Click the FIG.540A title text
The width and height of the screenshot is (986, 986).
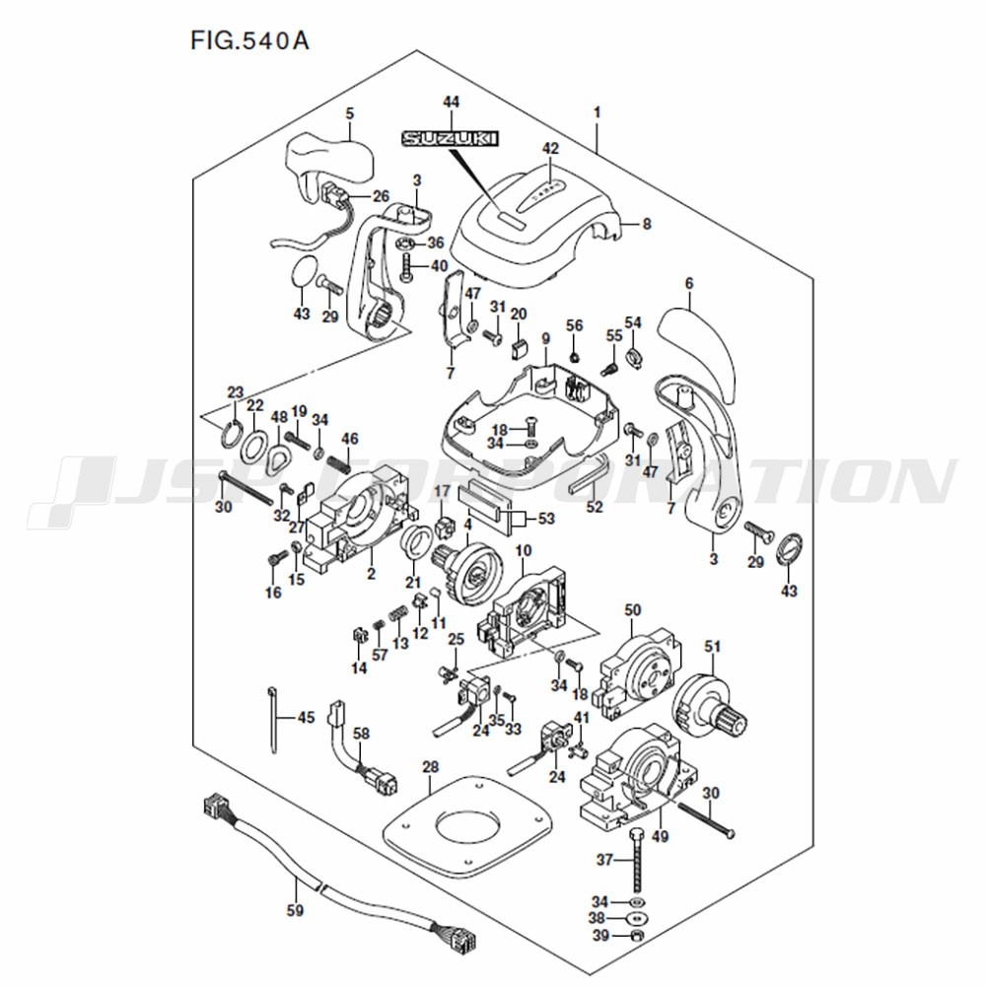(249, 40)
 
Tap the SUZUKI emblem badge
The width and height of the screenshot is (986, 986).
(451, 138)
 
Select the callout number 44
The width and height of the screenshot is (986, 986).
(451, 103)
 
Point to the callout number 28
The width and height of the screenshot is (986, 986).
(431, 767)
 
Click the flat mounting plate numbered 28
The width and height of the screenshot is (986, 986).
(467, 827)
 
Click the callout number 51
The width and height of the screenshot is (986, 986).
(713, 647)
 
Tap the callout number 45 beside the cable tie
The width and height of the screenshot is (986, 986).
(307, 718)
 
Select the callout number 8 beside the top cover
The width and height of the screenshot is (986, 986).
(647, 224)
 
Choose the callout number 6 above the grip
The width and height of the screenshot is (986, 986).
(688, 284)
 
